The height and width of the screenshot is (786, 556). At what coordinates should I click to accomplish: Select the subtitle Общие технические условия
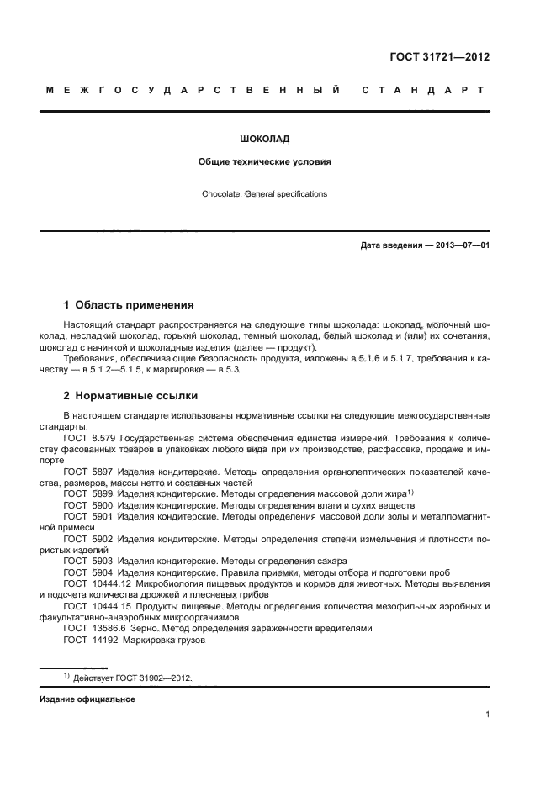(264, 161)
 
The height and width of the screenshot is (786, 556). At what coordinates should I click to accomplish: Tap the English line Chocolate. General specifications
(264, 194)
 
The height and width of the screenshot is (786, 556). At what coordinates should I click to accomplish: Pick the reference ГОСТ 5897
(88, 473)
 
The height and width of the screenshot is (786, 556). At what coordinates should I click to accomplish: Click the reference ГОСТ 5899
(88, 493)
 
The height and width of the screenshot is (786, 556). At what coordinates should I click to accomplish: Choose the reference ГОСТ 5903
(88, 560)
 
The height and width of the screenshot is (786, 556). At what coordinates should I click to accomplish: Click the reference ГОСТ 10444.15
(95, 605)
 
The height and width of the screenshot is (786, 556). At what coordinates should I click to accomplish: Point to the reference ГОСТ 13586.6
(93, 628)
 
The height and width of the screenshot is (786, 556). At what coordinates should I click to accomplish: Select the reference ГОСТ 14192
(90, 640)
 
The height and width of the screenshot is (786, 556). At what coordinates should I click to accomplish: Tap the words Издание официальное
(87, 699)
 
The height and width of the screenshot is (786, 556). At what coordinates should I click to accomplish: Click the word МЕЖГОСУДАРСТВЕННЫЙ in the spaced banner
(193, 91)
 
